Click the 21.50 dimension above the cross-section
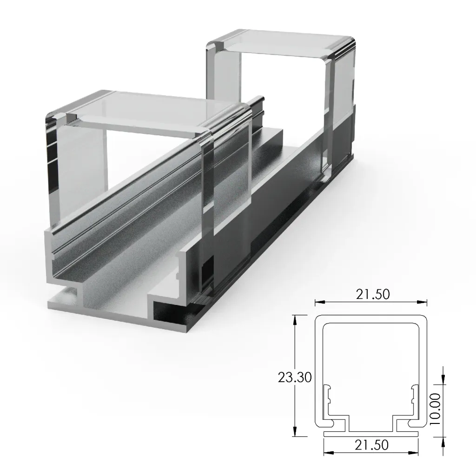click(x=371, y=294)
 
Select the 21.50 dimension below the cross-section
click(x=371, y=445)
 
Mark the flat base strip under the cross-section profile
click(x=371, y=433)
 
